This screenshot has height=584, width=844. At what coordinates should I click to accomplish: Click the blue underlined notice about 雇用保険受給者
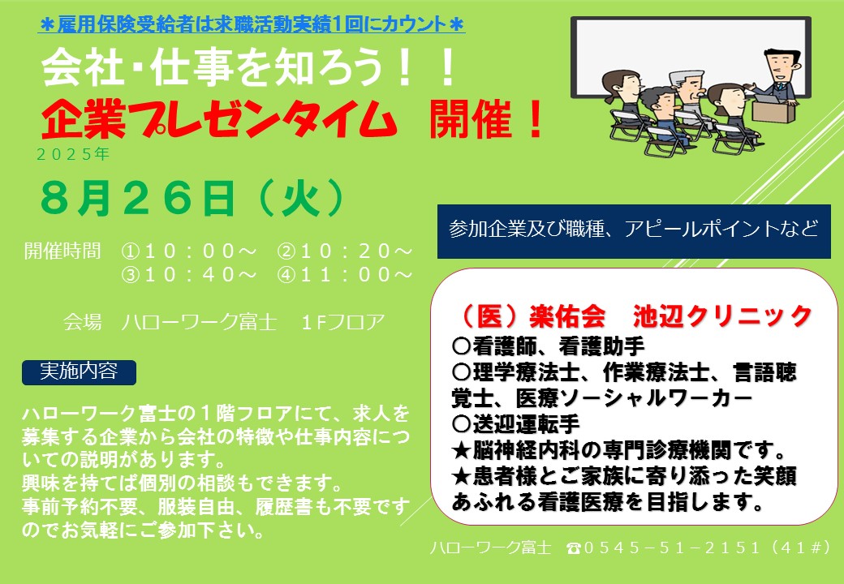[x=252, y=24]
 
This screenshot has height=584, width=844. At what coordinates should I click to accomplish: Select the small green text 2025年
[x=73, y=154]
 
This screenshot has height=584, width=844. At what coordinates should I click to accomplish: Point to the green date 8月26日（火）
[x=192, y=198]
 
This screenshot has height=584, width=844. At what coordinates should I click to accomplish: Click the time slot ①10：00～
[x=189, y=251]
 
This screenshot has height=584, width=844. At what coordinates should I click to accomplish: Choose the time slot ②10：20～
[x=345, y=251]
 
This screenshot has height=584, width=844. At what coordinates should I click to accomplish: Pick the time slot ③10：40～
[x=189, y=275]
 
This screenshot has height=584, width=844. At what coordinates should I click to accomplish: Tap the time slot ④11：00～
[x=345, y=275]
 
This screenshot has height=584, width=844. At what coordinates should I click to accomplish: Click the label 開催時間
[x=62, y=251]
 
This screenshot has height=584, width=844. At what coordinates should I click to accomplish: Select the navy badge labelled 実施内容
[x=80, y=372]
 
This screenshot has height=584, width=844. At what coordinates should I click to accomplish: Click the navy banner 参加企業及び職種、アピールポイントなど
[x=634, y=231]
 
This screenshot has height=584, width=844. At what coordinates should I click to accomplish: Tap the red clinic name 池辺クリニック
[x=721, y=316]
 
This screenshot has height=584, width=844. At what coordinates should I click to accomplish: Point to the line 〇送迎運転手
[x=515, y=424]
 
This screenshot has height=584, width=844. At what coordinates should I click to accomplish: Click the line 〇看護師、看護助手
[x=548, y=346]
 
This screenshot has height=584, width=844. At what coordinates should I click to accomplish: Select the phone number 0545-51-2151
[x=671, y=548]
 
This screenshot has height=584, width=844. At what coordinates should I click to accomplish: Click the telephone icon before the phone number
[x=574, y=548]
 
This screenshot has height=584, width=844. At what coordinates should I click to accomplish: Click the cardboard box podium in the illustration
[x=773, y=111]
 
